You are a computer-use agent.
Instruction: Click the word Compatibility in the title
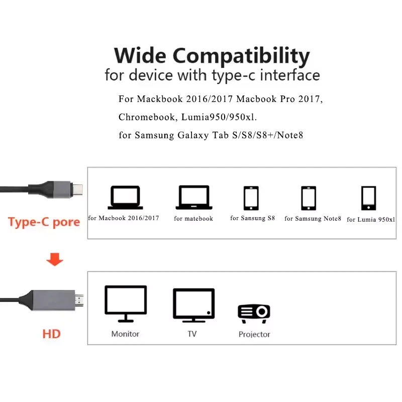(241, 56)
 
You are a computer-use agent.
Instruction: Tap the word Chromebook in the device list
(147, 117)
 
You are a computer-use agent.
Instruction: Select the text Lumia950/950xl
(219, 117)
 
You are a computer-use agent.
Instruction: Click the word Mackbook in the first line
(160, 99)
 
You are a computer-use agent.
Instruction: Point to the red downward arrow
(55, 259)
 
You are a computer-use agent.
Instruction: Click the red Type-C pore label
(44, 222)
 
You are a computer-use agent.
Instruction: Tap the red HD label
(52, 334)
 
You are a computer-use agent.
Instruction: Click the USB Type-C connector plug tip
(78, 189)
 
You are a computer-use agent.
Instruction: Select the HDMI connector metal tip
(79, 300)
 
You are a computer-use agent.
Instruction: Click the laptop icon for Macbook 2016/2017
(125, 197)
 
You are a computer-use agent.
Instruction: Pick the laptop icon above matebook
(194, 197)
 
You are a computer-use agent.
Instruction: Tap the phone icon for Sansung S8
(251, 198)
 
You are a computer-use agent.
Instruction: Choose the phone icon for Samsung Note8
(309, 198)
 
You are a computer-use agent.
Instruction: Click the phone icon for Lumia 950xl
(369, 198)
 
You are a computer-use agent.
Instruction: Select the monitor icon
(126, 304)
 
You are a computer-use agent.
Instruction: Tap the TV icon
(194, 305)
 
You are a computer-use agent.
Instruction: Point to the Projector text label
(254, 334)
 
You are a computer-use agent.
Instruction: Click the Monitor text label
(125, 334)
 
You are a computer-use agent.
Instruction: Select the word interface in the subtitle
(290, 75)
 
